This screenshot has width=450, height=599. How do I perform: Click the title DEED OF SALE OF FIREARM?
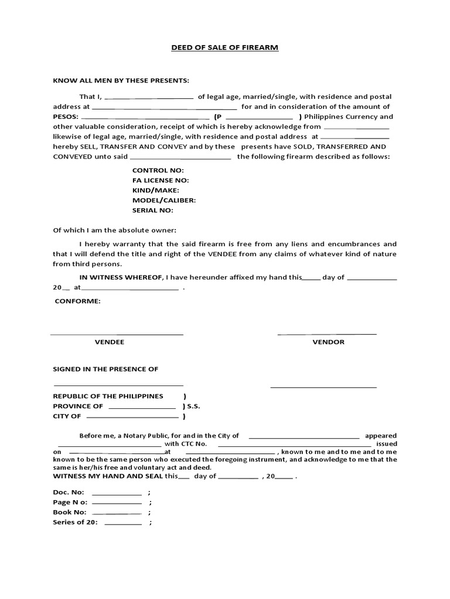point(224,47)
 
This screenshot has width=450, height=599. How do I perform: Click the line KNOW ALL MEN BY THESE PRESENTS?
point(121,80)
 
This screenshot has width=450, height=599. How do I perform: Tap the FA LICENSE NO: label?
point(161,180)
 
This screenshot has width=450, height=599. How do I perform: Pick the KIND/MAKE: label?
point(156,190)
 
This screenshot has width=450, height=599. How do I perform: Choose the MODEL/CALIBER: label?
point(164,200)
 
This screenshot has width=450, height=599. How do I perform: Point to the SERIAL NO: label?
point(152,210)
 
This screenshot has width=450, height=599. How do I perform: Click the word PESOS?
point(65,116)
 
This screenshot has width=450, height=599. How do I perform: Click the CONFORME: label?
point(77,301)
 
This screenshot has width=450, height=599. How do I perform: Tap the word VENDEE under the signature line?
point(110,342)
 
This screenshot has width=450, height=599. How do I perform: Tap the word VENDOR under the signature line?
point(328,342)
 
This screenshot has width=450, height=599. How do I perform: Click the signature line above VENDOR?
point(326,334)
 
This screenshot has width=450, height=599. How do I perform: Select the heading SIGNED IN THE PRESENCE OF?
point(105,369)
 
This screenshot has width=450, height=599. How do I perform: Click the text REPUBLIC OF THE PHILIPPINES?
point(108,396)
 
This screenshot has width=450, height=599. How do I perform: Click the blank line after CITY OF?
point(132,418)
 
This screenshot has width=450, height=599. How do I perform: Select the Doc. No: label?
point(69,492)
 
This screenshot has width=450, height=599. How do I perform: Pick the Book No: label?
point(70,512)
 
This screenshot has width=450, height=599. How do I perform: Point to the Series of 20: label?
point(76,522)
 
